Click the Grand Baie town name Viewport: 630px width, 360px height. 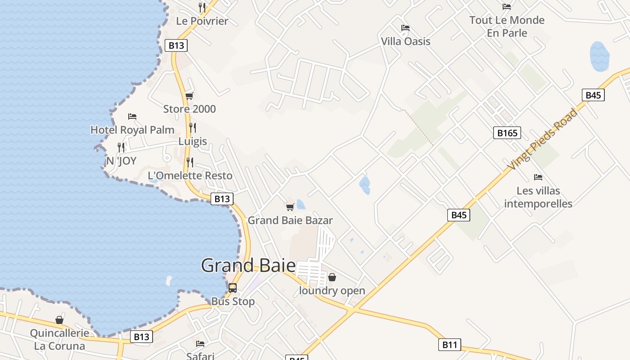(x=248, y=265)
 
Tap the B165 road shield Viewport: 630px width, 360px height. (x=507, y=133)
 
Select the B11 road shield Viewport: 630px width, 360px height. (x=449, y=345)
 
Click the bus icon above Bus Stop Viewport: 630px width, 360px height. (x=233, y=288)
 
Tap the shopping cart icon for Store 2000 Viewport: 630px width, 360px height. (x=189, y=96)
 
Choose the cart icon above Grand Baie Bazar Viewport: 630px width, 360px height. (x=290, y=207)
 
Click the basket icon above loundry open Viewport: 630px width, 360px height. (x=332, y=277)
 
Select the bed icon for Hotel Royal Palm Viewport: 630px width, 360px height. (x=132, y=117)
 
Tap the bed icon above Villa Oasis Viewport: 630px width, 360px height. (x=405, y=28)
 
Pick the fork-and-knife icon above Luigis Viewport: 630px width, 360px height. (x=193, y=128)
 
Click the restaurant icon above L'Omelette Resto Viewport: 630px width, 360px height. (x=190, y=162)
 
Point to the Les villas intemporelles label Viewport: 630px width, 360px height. (x=538, y=197)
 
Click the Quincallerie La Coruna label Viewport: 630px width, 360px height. (x=59, y=340)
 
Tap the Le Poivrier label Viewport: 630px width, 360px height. (x=202, y=21)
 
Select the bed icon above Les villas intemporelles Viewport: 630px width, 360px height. (x=538, y=177)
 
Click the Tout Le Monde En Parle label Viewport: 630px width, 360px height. (x=507, y=26)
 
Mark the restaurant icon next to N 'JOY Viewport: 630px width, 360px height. (x=121, y=147)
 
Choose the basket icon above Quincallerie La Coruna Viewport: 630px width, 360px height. (x=59, y=320)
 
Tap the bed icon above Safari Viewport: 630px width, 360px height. (x=200, y=344)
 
